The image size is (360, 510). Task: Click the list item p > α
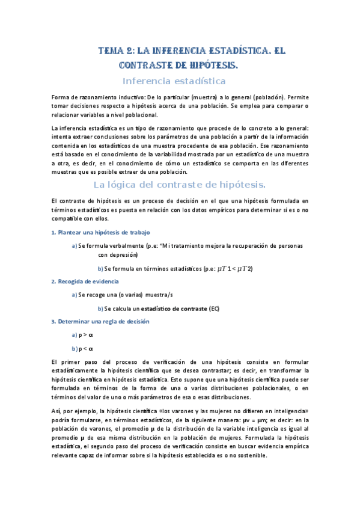pos(85,334)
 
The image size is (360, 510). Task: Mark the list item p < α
pos(85,348)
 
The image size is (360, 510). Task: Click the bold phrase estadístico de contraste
pos(178,309)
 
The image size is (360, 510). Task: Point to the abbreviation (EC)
pos(215,309)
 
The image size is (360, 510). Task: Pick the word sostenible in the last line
pos(251,456)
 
